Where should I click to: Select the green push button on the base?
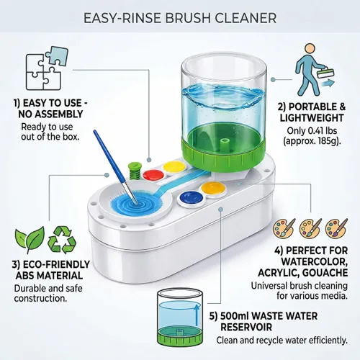point(132,171)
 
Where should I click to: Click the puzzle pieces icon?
point(47,68)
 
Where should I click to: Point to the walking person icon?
point(312,70)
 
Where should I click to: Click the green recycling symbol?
point(62,240)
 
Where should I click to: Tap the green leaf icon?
point(30,239)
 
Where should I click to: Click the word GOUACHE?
point(325,273)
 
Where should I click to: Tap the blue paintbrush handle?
point(109,157)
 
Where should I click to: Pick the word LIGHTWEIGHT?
point(312,118)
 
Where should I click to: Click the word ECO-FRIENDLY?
point(56,264)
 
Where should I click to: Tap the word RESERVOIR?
point(246,328)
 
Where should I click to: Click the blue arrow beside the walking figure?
point(328,84)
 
